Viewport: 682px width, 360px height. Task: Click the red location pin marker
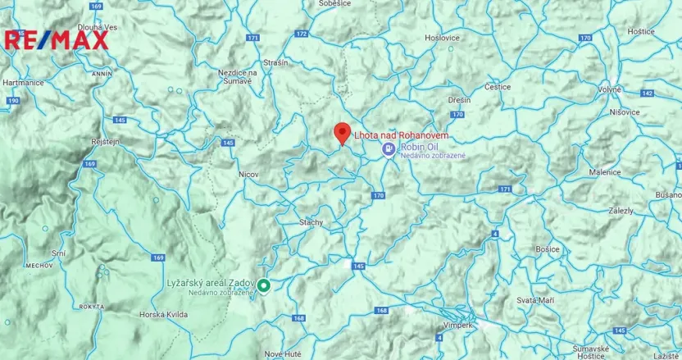tap(343, 134)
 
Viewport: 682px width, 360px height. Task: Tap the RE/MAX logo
tap(56, 39)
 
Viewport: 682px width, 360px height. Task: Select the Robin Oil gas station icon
tap(389, 148)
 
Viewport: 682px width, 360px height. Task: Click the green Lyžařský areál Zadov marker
tap(264, 285)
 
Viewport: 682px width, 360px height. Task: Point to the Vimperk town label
tap(457, 325)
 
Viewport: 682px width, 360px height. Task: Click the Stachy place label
tap(311, 221)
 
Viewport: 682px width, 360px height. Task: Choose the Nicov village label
tap(248, 174)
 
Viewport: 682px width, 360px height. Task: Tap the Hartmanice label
tap(23, 83)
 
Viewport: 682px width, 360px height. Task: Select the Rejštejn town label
tap(105, 141)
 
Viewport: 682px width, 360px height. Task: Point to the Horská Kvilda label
tap(163, 315)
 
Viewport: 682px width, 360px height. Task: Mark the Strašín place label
tap(275, 62)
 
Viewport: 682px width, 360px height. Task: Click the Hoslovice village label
tap(441, 38)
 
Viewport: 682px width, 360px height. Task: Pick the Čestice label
tap(498, 86)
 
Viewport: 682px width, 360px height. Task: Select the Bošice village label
tap(547, 248)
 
